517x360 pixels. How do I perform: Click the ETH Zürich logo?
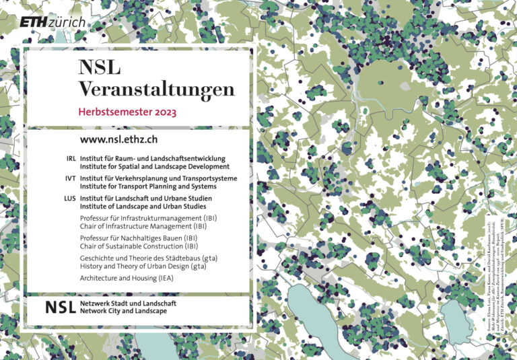(53, 22)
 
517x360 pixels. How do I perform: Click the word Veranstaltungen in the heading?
(156, 89)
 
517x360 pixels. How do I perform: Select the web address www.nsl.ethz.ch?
(118, 139)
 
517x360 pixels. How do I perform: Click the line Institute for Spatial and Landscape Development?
(154, 166)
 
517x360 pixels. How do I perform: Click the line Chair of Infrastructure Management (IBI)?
(143, 227)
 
